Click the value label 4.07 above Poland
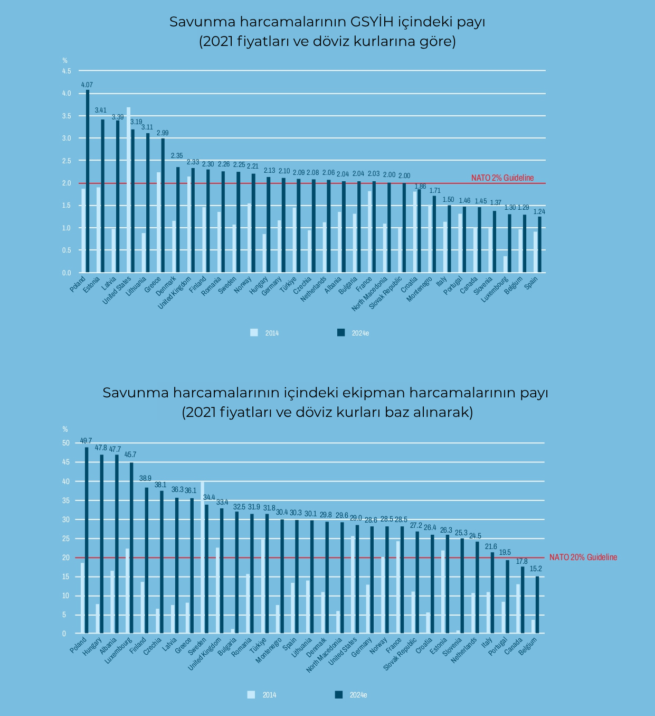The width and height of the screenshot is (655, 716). [x=87, y=85]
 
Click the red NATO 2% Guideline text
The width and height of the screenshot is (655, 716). [x=502, y=178]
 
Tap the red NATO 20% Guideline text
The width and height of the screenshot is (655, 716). [x=583, y=557]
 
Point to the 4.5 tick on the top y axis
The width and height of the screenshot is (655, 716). [x=67, y=71]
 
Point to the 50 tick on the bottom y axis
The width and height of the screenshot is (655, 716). [x=66, y=443]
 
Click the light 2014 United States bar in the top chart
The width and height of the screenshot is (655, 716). [x=128, y=190]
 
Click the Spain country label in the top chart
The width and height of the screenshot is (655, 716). [x=531, y=283]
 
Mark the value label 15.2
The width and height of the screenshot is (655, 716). [x=536, y=569]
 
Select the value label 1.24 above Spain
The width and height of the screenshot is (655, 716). [x=539, y=212]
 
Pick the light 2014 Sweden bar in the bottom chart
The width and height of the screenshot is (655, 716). [x=202, y=557]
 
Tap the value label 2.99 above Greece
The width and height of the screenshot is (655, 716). [x=163, y=133]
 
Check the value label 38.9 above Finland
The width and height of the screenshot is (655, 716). [x=145, y=478]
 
